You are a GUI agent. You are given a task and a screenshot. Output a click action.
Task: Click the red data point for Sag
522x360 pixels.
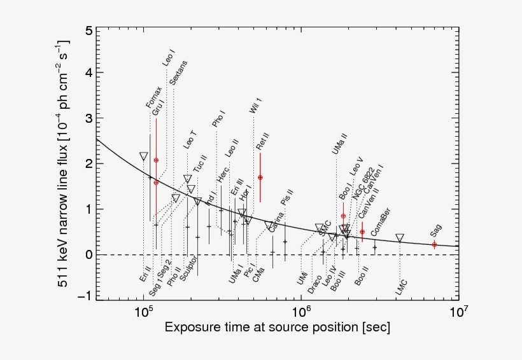click(435, 245)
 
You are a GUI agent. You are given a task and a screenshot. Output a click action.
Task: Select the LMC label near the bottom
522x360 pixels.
click(400, 286)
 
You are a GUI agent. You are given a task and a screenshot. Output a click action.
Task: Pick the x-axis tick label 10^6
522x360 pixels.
click(300, 312)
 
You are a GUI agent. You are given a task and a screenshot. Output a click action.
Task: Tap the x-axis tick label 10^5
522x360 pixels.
click(143, 312)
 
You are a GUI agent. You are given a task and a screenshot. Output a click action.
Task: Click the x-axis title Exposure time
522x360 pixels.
click(278, 328)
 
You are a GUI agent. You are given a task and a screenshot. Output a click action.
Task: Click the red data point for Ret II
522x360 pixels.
click(260, 177)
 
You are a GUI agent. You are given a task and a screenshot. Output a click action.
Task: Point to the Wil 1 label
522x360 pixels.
click(256, 102)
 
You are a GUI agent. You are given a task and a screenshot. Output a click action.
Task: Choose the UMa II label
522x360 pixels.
click(339, 144)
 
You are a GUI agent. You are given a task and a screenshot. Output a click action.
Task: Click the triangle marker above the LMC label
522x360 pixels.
click(400, 238)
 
